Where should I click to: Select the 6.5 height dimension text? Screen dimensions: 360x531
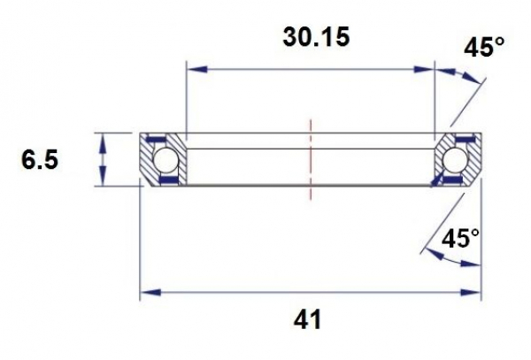pyautogui.click(x=41, y=161)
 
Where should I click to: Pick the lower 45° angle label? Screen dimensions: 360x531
pyautogui.click(x=460, y=238)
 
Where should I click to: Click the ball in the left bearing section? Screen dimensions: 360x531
pyautogui.click(x=165, y=160)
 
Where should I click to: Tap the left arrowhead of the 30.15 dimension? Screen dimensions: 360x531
pyautogui.click(x=192, y=68)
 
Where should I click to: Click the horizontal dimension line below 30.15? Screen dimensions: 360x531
pyautogui.click(x=311, y=68)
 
